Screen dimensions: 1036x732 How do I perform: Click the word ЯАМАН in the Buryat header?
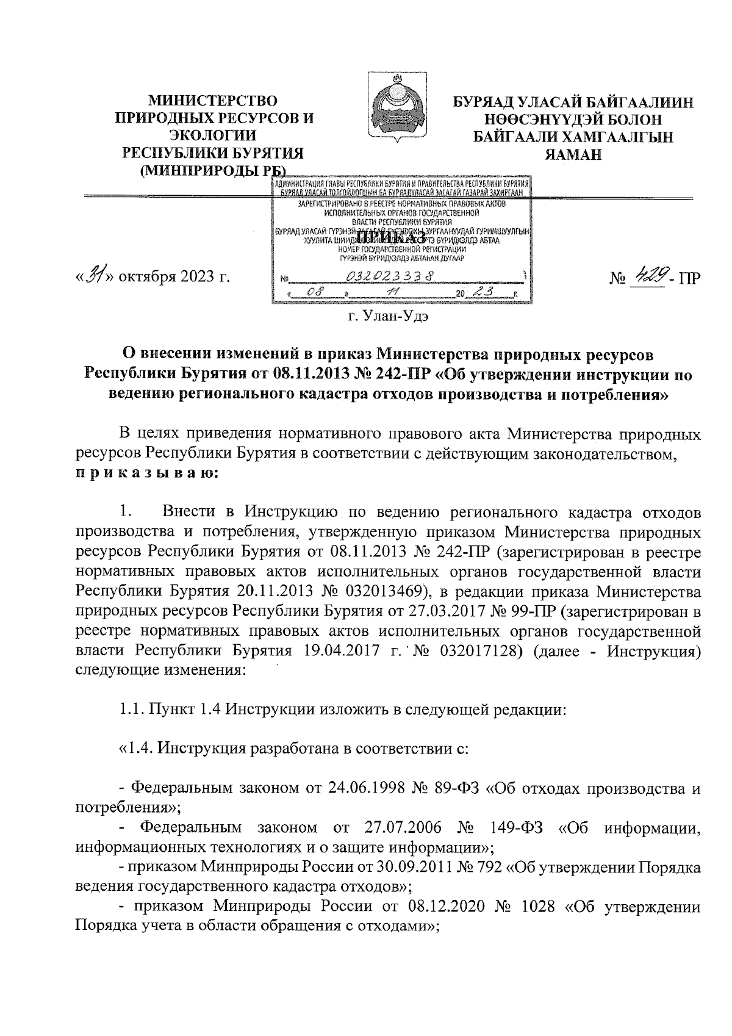tap(574, 154)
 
